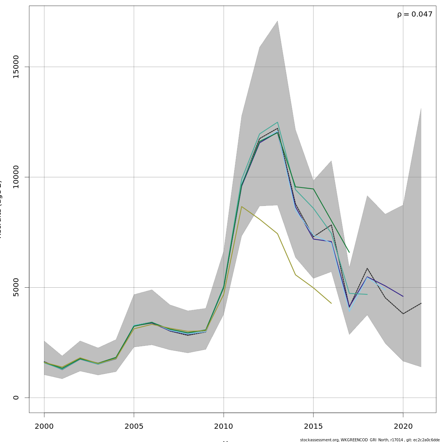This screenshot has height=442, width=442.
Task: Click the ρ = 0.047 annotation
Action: (x=415, y=15)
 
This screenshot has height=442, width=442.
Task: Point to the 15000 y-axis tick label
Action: (x=16, y=67)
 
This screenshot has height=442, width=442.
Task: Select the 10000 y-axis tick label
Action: (x=16, y=177)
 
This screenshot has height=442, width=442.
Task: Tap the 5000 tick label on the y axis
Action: (x=16, y=287)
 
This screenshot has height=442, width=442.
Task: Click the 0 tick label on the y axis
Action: (x=16, y=397)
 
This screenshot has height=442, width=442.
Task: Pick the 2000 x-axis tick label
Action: (x=44, y=427)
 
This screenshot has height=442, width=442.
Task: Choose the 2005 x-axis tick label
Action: (x=134, y=427)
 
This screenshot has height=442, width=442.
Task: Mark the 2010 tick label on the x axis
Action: (x=224, y=427)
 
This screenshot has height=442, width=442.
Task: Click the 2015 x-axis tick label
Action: (x=313, y=427)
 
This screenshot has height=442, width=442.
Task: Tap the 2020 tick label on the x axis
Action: (x=403, y=427)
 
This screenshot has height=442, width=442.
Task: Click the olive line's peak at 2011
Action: (x=242, y=207)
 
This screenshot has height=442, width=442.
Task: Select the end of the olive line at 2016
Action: (x=331, y=303)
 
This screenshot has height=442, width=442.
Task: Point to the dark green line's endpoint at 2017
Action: (x=349, y=252)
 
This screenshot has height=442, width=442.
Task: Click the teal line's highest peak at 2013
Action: (x=277, y=122)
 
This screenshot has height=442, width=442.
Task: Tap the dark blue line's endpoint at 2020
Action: (x=403, y=296)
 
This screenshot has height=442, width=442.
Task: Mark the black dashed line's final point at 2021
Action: (x=421, y=303)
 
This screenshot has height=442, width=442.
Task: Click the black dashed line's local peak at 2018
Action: (x=367, y=268)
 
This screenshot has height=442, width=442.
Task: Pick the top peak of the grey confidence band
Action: (x=277, y=21)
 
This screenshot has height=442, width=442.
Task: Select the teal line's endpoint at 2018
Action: (x=367, y=294)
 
